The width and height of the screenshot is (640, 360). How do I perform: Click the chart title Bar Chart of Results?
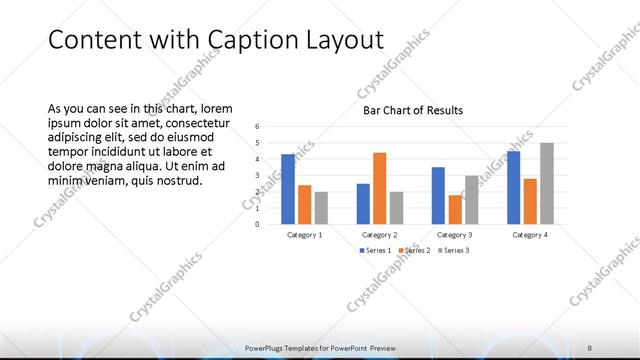click(x=412, y=110)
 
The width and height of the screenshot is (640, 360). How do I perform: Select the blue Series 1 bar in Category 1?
click(x=288, y=189)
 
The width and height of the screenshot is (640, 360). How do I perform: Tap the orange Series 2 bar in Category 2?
click(x=379, y=188)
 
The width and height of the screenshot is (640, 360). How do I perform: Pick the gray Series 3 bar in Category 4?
click(x=546, y=183)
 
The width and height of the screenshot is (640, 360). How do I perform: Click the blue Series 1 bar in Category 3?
click(x=438, y=195)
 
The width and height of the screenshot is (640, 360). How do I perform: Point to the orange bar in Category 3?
click(x=454, y=209)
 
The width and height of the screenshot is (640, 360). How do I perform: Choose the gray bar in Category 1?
click(x=320, y=208)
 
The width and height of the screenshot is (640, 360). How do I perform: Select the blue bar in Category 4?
click(x=514, y=187)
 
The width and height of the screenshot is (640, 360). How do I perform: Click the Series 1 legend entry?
click(x=374, y=250)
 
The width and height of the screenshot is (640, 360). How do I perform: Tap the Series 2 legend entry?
click(x=414, y=250)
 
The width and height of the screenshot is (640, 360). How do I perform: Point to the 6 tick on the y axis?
click(x=257, y=127)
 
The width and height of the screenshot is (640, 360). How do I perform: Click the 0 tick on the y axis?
click(x=257, y=224)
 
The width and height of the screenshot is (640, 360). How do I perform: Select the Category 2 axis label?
click(x=379, y=235)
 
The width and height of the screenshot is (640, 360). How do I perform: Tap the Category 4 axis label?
click(x=530, y=235)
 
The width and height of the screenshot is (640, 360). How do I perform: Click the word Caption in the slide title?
click(x=245, y=40)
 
